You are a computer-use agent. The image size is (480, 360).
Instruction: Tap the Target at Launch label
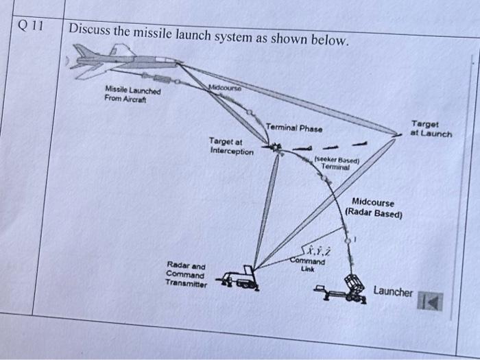(430, 129)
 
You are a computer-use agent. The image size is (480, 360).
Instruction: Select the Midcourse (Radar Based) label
(373, 207)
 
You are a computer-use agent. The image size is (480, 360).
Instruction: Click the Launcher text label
(393, 292)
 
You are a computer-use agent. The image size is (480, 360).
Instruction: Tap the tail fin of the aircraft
(83, 50)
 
